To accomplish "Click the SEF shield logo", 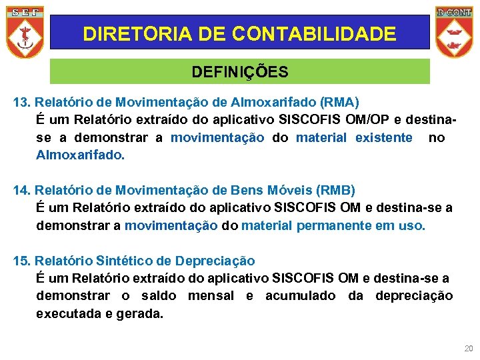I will [x=25, y=32].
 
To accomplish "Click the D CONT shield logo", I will [x=454, y=32].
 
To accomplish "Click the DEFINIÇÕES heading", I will [x=240, y=71].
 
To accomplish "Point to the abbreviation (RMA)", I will [x=339, y=103].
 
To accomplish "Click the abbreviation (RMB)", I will [x=334, y=191].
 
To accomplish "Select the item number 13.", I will [x=22, y=103].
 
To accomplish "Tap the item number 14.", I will [x=22, y=191].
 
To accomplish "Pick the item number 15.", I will [x=22, y=261].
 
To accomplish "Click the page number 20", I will [x=467, y=349].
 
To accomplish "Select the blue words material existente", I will [x=354, y=138].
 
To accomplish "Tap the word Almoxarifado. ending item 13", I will [x=80, y=155].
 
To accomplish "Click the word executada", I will [x=65, y=313].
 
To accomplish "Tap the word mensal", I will [x=211, y=295].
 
